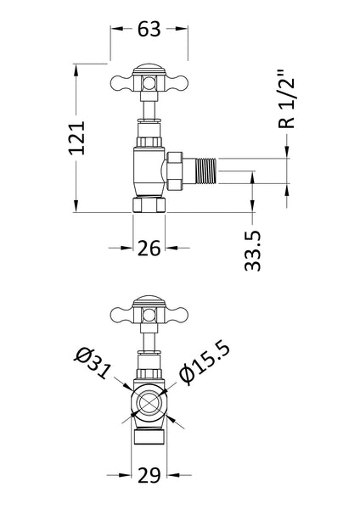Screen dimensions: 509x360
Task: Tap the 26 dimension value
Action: point(149,248)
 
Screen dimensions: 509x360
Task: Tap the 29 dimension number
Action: point(149,473)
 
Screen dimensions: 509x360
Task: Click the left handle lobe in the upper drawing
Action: point(122,83)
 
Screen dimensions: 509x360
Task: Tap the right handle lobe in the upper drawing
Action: point(176,83)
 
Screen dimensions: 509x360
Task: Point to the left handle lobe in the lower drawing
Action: point(122,314)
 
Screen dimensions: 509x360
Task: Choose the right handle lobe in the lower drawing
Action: point(176,314)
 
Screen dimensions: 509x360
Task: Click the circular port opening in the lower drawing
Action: point(149,405)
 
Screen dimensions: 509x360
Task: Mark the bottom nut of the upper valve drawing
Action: point(149,205)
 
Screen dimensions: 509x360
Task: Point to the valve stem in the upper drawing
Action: point(149,108)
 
